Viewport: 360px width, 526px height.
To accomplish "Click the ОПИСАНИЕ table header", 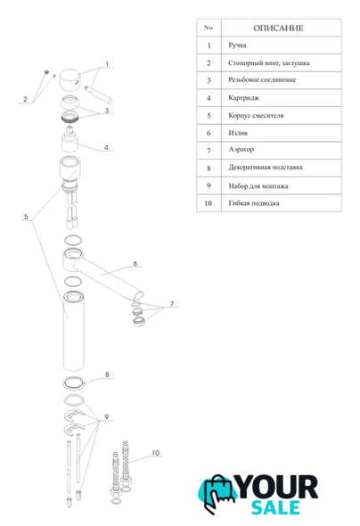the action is click(x=278, y=29).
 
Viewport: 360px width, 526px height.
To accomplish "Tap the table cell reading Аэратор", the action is click(x=241, y=150).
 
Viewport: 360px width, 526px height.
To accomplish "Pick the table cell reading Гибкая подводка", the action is click(x=254, y=203).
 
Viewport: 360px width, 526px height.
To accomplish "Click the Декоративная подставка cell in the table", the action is click(x=266, y=168).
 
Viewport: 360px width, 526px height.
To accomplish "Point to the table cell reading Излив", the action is click(x=238, y=133).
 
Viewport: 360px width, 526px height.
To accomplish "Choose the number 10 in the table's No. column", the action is click(x=209, y=203).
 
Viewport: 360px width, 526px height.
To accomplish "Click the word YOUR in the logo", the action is click(x=277, y=487).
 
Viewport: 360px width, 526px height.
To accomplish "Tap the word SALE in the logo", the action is click(x=275, y=507).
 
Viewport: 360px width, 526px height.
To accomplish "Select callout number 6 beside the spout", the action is click(x=135, y=264).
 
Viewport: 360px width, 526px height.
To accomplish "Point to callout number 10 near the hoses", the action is click(x=156, y=453).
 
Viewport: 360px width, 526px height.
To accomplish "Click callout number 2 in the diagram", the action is click(x=25, y=99).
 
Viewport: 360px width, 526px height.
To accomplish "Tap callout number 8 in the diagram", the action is click(x=107, y=374).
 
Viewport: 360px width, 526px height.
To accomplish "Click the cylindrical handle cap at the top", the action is click(x=70, y=80).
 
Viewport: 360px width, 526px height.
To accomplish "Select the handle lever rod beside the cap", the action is click(x=98, y=94).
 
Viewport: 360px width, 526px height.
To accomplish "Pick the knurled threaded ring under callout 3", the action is click(x=70, y=117).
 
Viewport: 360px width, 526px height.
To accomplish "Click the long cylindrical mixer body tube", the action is click(x=73, y=331).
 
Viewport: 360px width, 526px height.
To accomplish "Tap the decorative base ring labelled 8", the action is click(x=73, y=383).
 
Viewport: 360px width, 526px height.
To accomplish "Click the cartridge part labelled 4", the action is click(x=70, y=139).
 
